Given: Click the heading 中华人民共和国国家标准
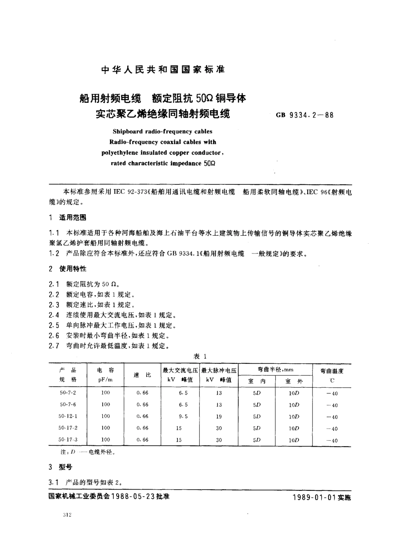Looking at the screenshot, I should (x=163, y=70).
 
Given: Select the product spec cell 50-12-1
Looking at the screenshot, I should (x=68, y=416).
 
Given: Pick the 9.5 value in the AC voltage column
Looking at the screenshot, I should (x=183, y=416).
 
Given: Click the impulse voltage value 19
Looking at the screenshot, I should (x=219, y=416).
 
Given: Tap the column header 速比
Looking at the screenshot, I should (x=142, y=375).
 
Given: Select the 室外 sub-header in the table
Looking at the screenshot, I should (x=293, y=381).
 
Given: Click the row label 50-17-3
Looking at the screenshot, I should (x=68, y=439).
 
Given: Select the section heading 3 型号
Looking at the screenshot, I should (x=61, y=467).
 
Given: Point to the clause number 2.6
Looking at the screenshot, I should (x=54, y=336).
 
